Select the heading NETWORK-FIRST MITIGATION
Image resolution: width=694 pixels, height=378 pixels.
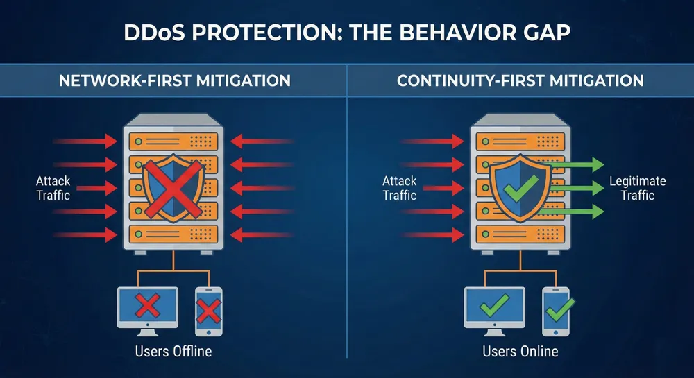pyautogui.click(x=174, y=81)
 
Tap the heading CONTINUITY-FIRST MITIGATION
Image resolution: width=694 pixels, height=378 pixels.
pyautogui.click(x=520, y=81)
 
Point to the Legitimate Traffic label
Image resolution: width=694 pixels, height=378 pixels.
pyautogui.click(x=637, y=188)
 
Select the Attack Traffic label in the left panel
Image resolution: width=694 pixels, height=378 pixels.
pyautogui.click(x=53, y=188)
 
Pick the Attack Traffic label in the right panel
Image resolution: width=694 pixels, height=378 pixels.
pyautogui.click(x=400, y=188)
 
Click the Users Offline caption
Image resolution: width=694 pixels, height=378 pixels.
pyautogui.click(x=173, y=351)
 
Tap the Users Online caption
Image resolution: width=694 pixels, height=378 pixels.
pyautogui.click(x=520, y=351)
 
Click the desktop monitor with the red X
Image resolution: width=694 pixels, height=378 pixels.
pyautogui.click(x=147, y=306)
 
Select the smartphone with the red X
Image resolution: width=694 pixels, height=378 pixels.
pyautogui.click(x=208, y=310)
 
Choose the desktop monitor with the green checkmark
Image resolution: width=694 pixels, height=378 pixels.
pyautogui.click(x=494, y=306)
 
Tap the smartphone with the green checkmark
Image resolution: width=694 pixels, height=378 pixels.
pyautogui.click(x=555, y=310)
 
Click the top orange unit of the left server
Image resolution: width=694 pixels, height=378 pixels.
pyautogui.click(x=174, y=141)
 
